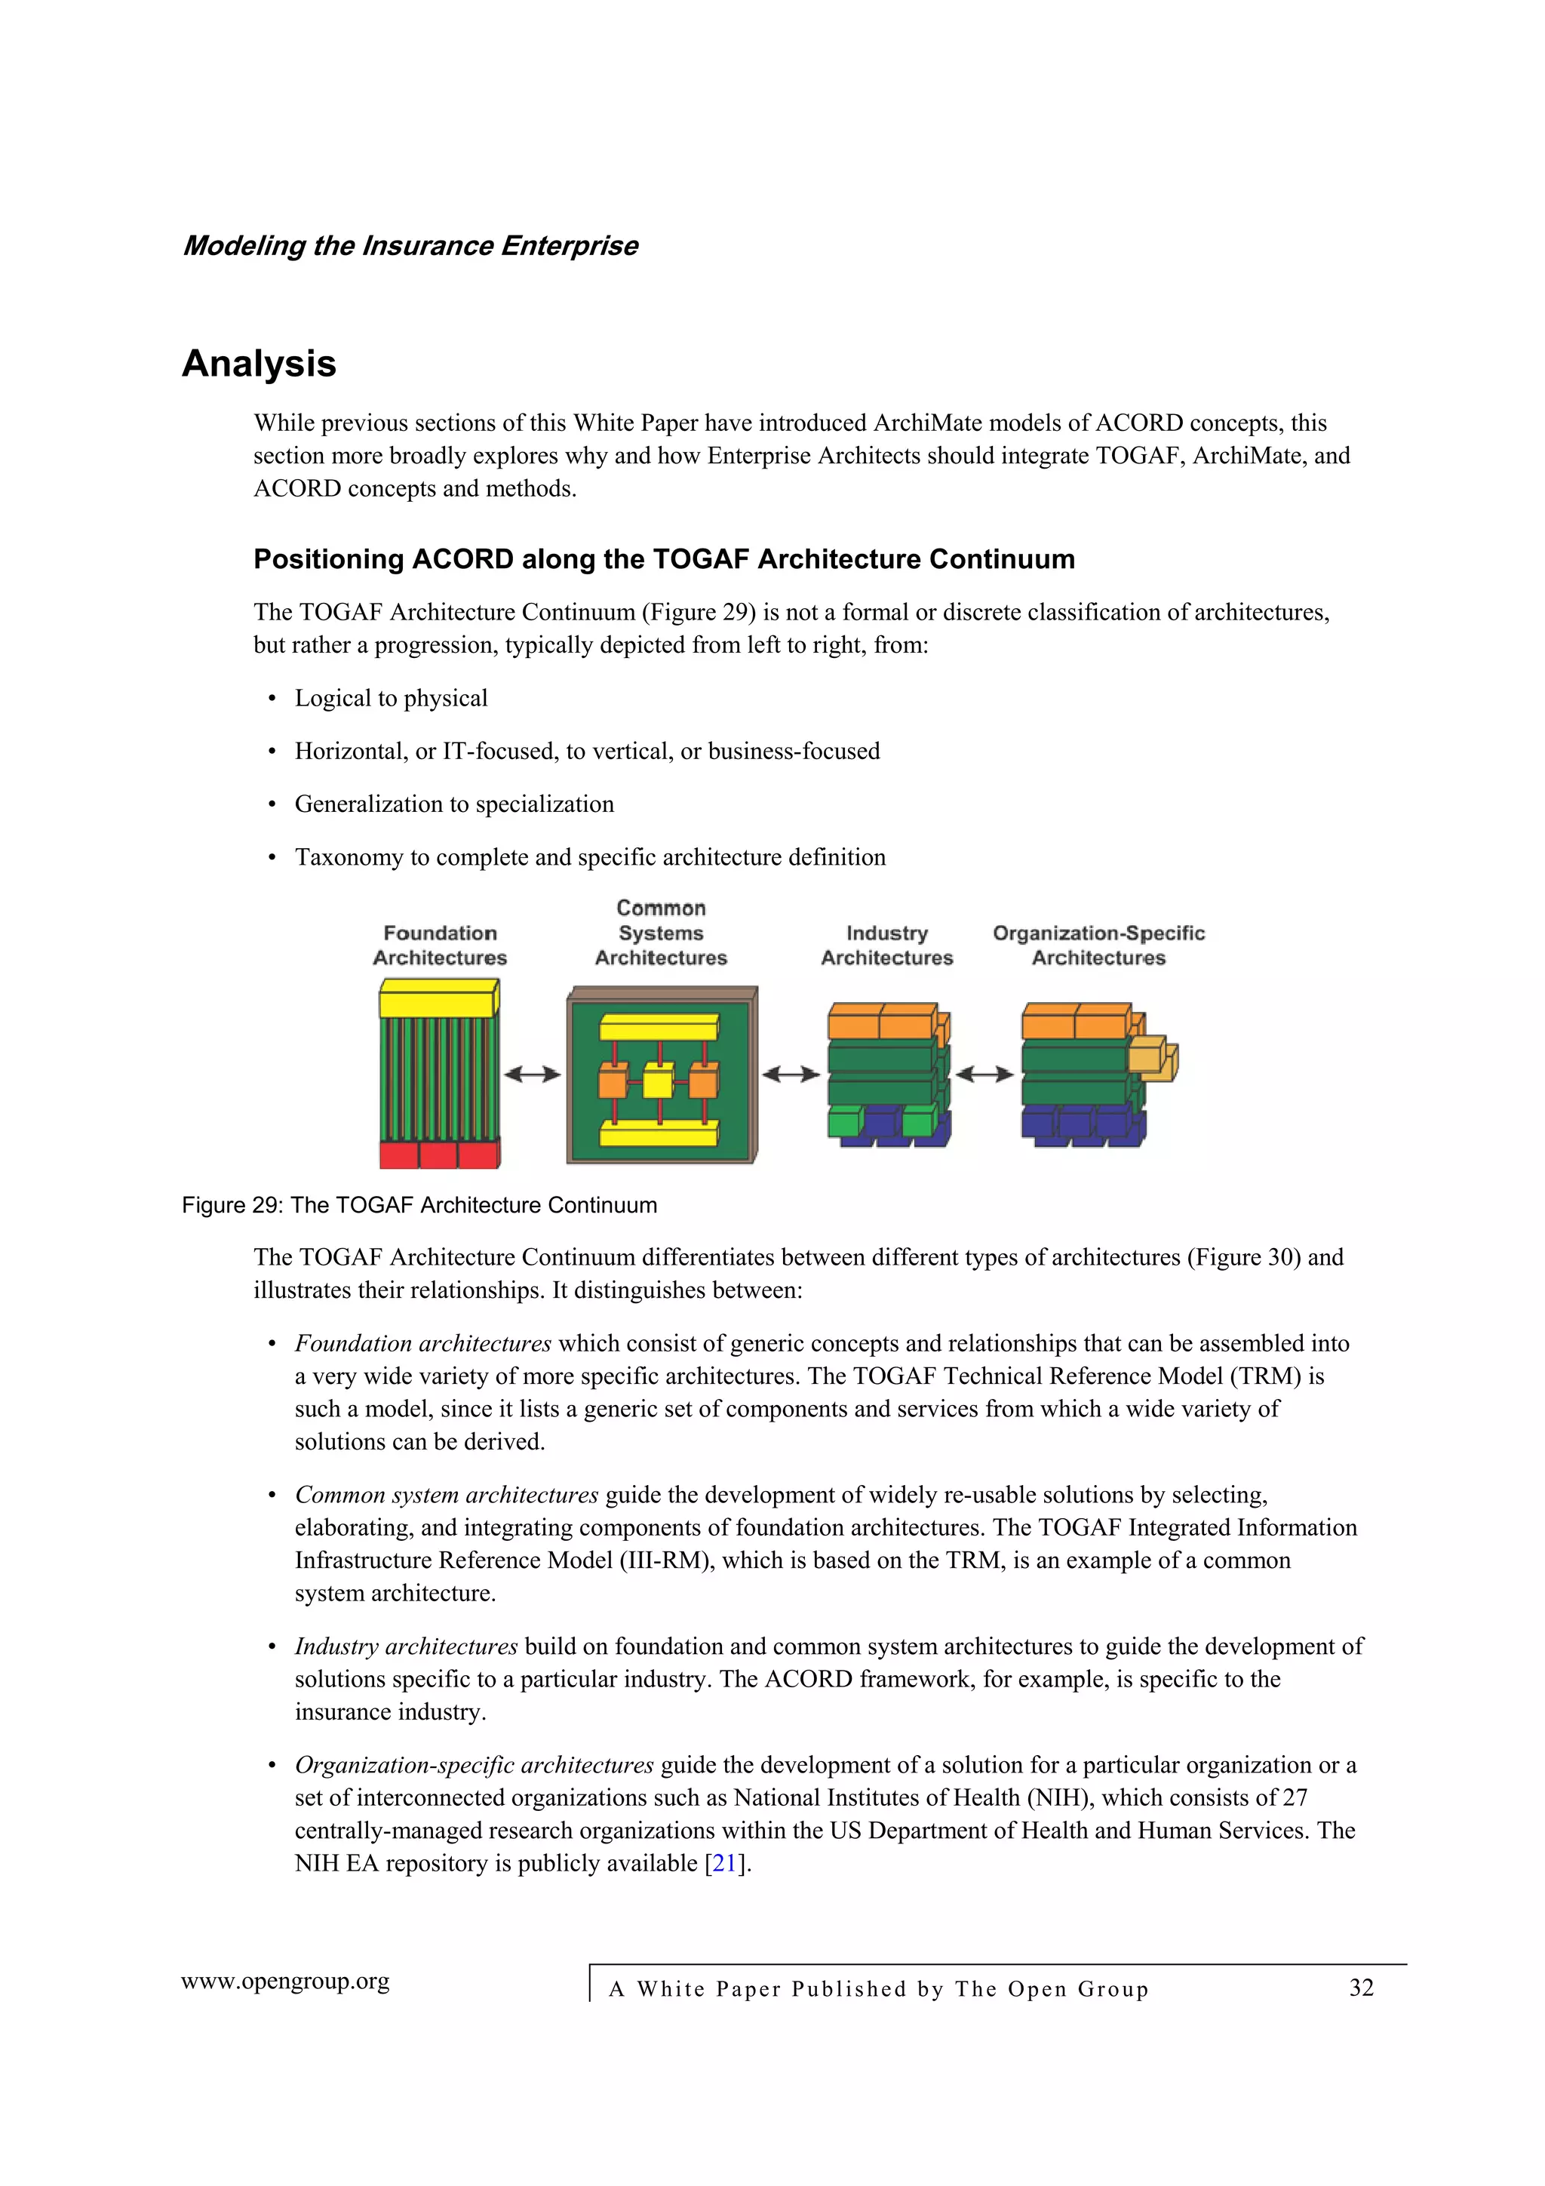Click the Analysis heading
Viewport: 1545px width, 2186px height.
tap(259, 364)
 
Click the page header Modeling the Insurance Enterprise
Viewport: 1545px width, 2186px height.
tap(410, 246)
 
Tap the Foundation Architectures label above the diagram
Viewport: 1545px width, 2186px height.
tap(440, 945)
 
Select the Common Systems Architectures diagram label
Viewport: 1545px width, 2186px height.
tap(661, 933)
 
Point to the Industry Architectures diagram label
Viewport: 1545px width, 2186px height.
tap(886, 945)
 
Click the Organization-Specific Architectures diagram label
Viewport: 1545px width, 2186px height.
tap(1098, 945)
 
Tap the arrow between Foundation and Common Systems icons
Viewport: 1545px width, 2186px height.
tap(532, 1075)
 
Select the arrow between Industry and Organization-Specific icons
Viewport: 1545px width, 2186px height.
tap(984, 1075)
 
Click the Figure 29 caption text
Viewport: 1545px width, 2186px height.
tap(419, 1205)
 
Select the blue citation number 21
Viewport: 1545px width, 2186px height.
tap(724, 1863)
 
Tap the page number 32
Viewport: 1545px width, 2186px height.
tap(1361, 1988)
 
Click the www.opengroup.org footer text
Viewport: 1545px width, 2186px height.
tap(286, 1982)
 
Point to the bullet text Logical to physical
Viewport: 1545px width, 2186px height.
tap(392, 699)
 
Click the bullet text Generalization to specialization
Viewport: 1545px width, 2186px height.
tap(454, 804)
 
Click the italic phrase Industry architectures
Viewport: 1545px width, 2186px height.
tap(406, 1646)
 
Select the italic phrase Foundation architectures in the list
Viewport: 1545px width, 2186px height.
tap(422, 1343)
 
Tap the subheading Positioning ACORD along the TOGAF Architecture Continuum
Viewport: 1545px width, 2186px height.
tap(664, 559)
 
